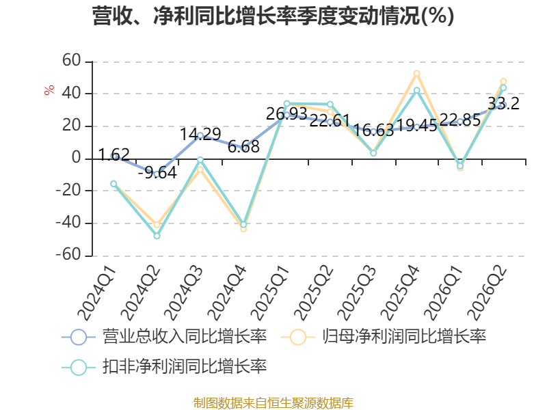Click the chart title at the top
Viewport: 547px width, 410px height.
point(273,16)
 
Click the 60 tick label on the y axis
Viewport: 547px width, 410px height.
point(72,61)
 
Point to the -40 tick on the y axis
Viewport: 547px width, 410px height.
point(69,223)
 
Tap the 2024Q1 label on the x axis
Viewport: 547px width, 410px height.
point(97,293)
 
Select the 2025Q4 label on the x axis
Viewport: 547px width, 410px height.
point(400,293)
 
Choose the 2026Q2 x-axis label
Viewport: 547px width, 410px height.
point(487,293)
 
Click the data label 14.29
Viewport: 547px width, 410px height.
point(200,134)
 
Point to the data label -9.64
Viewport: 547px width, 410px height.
point(157,173)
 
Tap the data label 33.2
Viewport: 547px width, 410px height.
point(503,104)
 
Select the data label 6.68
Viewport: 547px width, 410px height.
point(243,147)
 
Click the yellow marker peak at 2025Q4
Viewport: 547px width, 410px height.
point(416,74)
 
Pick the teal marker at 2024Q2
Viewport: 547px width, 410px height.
point(157,236)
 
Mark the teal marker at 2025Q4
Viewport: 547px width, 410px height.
point(416,90)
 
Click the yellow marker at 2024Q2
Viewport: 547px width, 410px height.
point(157,225)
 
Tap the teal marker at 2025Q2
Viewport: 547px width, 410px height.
point(330,105)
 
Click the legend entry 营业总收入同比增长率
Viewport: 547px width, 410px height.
point(164,337)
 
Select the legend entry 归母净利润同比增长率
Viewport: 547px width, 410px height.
point(384,337)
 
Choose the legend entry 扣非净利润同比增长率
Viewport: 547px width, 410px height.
point(164,366)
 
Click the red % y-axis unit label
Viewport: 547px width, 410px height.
point(49,90)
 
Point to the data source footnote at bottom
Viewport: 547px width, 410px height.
point(273,402)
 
